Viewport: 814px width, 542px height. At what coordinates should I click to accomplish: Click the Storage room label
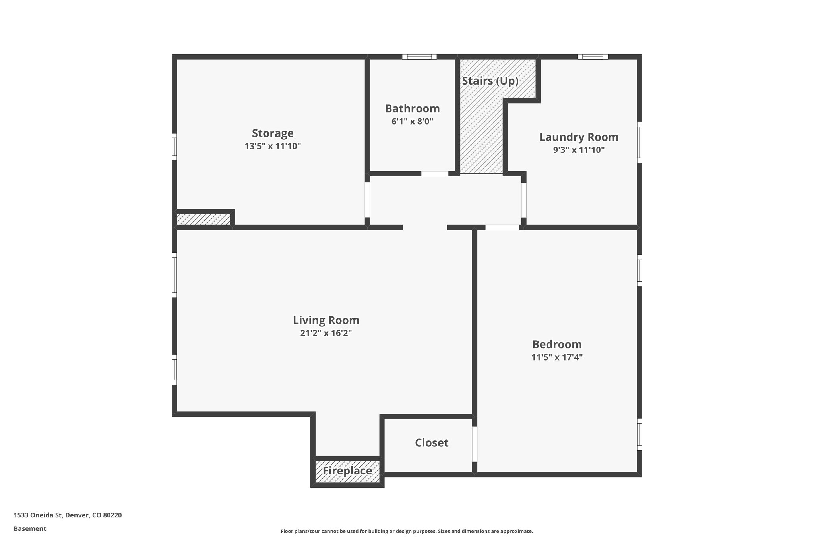[273, 133]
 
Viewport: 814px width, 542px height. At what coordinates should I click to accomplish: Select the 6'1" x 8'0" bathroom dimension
[412, 122]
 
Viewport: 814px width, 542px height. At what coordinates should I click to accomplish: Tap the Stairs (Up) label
[490, 81]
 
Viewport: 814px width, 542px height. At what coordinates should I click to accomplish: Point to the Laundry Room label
[579, 137]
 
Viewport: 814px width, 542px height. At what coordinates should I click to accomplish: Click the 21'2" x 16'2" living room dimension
[326, 333]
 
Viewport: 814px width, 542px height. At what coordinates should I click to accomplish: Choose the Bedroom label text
[557, 344]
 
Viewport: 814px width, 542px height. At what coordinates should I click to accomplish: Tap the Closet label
[432, 443]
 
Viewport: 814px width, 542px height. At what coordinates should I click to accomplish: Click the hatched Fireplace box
[347, 471]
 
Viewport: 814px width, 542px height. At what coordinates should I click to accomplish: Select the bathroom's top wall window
[419, 57]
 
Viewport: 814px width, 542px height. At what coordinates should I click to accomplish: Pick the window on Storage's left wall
[174, 147]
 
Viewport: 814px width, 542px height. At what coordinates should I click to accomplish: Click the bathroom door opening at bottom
[434, 174]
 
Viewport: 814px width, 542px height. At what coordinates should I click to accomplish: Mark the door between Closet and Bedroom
[475, 444]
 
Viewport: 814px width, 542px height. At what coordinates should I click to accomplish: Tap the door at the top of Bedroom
[502, 228]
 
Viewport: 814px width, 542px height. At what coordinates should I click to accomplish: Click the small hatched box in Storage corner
[203, 220]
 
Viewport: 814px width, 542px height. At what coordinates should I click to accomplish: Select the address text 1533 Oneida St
[68, 515]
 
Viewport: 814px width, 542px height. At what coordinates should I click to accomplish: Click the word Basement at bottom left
[30, 528]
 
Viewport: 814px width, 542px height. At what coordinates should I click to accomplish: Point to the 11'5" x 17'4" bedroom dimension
[557, 357]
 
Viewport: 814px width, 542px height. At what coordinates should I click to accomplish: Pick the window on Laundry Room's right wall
[640, 142]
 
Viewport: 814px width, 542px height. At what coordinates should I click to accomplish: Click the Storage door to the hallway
[367, 200]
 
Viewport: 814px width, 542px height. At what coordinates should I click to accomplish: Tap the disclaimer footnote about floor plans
[407, 531]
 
